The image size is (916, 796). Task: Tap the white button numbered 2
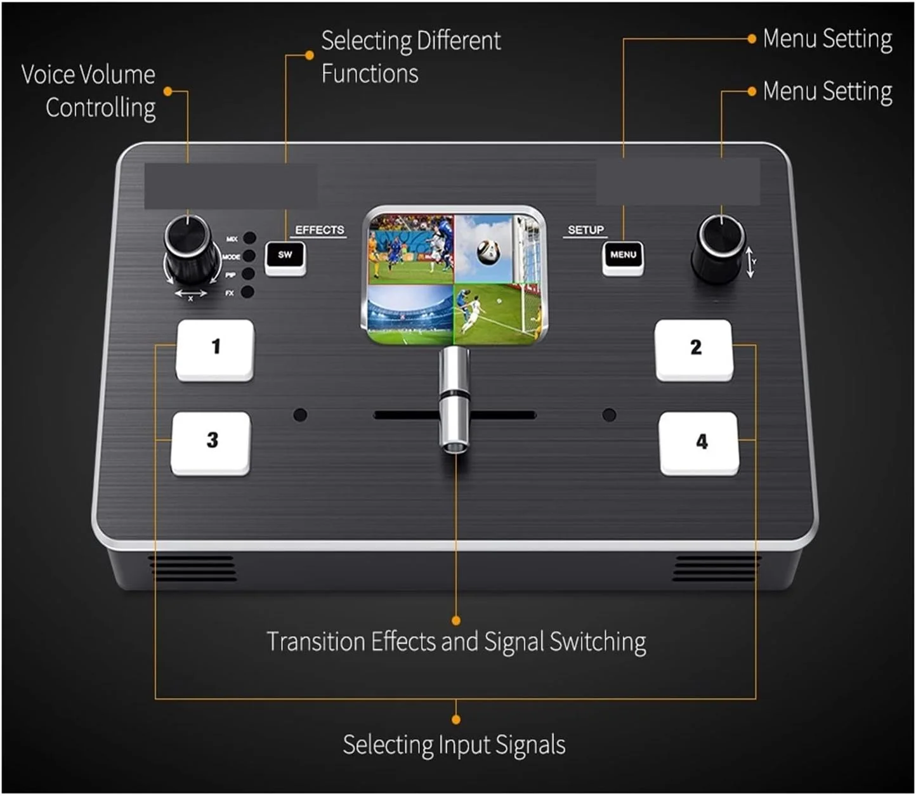(x=694, y=349)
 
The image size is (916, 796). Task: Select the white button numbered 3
(x=211, y=442)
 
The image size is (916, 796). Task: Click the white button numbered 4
(x=699, y=443)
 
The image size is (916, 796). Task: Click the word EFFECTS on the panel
(x=320, y=230)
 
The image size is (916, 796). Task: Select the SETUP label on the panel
(x=586, y=230)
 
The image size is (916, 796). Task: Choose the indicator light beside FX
(x=248, y=292)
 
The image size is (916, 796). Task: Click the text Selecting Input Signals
(x=454, y=745)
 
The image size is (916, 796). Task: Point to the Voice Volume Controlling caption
(x=89, y=91)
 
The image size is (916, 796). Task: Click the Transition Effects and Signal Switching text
(x=456, y=642)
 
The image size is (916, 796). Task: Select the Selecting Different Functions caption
(x=410, y=57)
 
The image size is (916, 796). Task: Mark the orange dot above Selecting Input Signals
(x=455, y=719)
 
